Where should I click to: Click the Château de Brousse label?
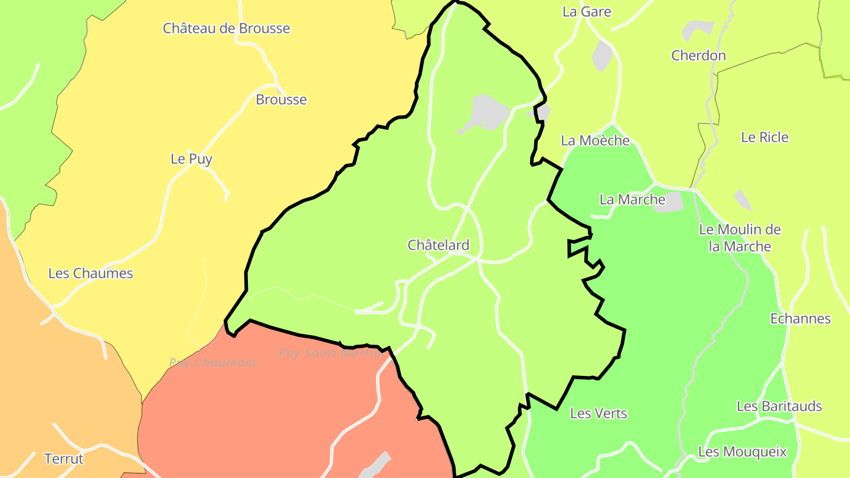click(226, 28)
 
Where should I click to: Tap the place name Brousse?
click(281, 100)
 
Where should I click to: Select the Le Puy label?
click(191, 159)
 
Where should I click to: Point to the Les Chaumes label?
click(90, 273)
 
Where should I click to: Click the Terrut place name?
click(64, 459)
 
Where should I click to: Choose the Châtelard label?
click(439, 245)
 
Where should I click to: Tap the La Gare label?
click(587, 12)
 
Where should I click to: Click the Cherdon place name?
click(698, 55)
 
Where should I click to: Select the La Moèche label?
click(595, 140)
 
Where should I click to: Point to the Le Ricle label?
click(764, 137)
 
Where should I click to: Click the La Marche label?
click(632, 199)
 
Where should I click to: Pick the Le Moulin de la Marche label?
click(740, 238)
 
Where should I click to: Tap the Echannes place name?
click(800, 319)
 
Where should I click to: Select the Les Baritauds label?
click(779, 406)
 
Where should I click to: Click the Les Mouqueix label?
click(742, 452)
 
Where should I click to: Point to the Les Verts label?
click(599, 413)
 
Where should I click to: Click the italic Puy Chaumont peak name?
click(213, 363)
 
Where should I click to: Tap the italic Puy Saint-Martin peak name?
click(331, 353)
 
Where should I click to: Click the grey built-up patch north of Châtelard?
click(486, 113)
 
